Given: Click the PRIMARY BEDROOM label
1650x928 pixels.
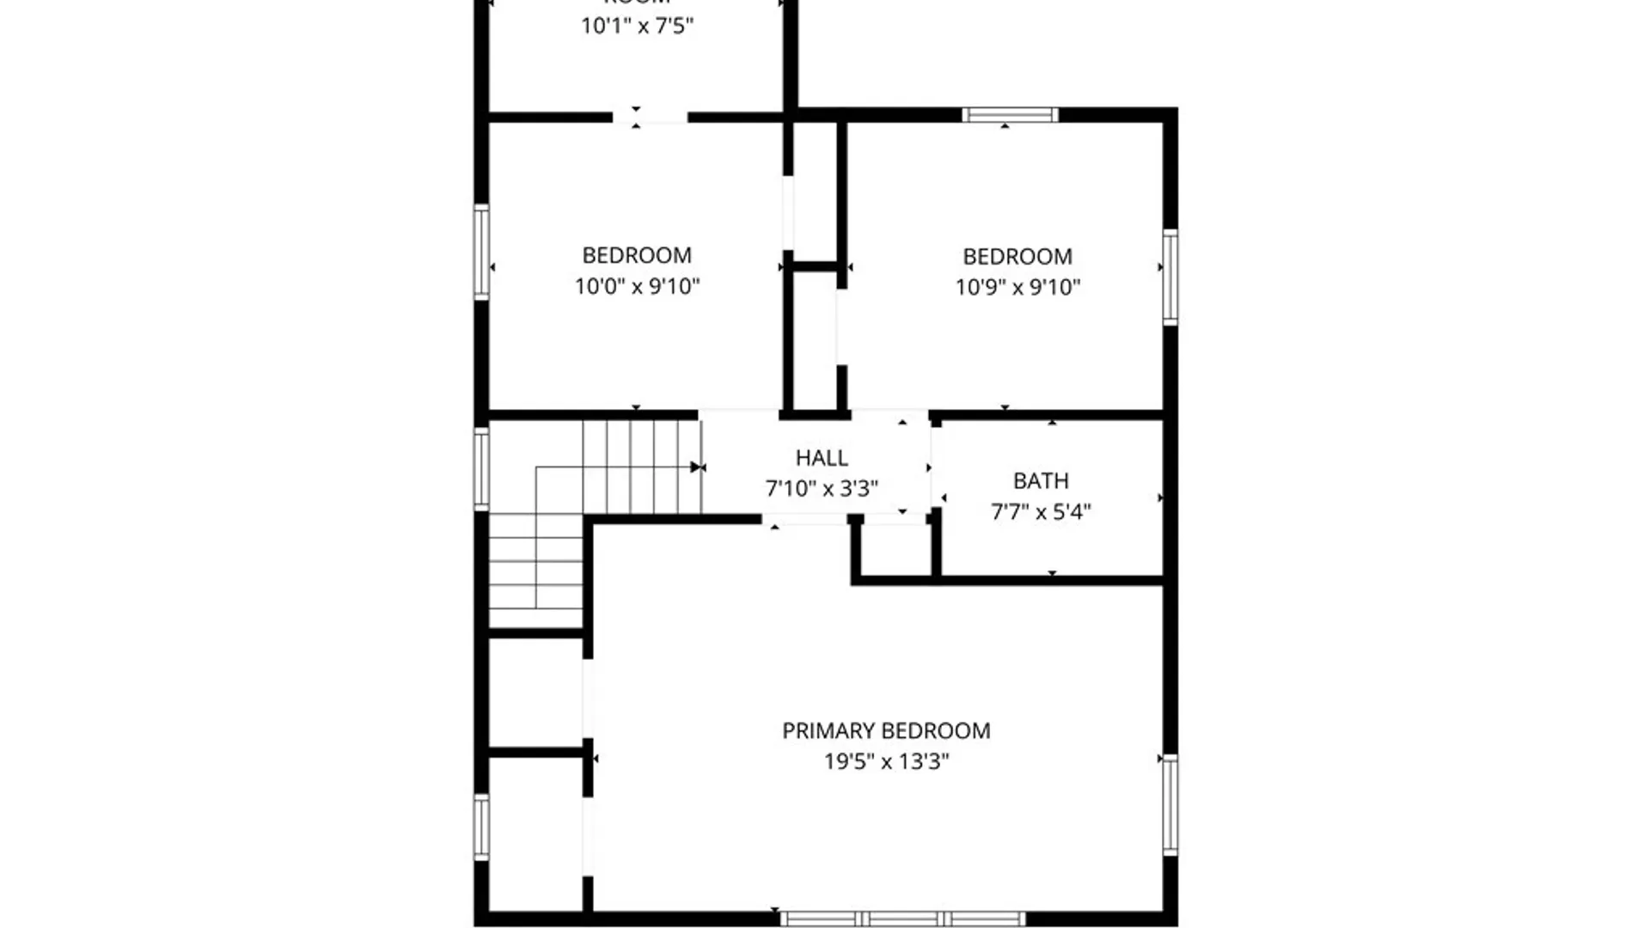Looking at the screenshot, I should click(886, 730).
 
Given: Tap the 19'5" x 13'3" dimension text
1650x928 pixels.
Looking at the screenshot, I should click(886, 761).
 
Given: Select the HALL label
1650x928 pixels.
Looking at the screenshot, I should click(822, 458).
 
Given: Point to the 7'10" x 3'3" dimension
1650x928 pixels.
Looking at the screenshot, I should click(822, 489).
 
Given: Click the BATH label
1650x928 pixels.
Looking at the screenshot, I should click(1041, 481).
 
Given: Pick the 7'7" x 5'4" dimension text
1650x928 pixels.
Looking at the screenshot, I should click(1041, 512).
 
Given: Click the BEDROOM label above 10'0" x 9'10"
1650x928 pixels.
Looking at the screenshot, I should click(637, 255).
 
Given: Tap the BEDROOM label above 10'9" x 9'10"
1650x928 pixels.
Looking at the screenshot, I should click(1017, 256).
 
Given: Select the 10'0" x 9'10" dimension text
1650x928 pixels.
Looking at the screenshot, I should click(637, 286).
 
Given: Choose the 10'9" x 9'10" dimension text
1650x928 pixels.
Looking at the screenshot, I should click(1017, 287).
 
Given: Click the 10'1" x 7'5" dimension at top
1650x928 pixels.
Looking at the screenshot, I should click(637, 26).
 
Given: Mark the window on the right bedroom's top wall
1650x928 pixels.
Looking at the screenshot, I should click(1010, 115).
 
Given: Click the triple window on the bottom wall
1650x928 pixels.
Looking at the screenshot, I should click(902, 919).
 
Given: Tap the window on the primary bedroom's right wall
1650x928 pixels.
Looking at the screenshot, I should click(1170, 804).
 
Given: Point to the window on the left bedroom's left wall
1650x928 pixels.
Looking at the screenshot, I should click(482, 253).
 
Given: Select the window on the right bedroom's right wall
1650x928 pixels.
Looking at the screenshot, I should click(1170, 277).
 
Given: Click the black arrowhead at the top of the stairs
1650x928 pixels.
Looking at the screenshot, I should click(697, 467).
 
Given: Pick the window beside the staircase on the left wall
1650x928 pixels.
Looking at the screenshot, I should click(482, 468).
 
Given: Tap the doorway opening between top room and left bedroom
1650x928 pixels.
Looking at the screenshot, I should click(650, 117).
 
